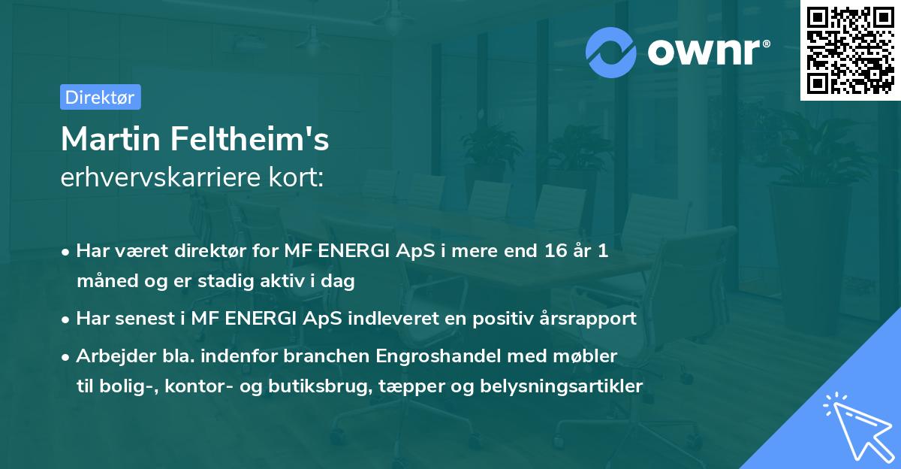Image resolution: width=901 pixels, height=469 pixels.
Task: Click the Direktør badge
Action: pyautogui.click(x=100, y=97)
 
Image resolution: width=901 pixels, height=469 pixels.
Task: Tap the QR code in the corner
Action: pyautogui.click(x=850, y=50)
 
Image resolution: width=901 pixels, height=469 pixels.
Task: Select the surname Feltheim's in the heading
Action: pyautogui.click(x=250, y=139)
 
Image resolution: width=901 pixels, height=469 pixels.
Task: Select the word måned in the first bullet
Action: pyautogui.click(x=104, y=282)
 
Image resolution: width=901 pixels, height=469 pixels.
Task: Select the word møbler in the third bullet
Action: pyautogui.click(x=591, y=356)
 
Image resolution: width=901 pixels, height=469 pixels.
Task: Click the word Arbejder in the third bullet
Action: pyautogui.click(x=108, y=356)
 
